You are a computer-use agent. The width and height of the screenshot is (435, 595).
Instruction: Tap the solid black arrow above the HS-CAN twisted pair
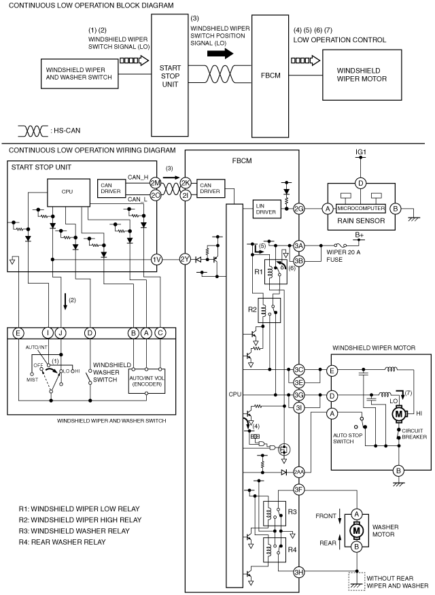pyautogui.click(x=220, y=54)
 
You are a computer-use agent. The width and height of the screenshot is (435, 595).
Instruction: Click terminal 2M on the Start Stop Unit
pyautogui.click(x=156, y=182)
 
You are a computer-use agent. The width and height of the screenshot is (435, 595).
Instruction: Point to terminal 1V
pyautogui.click(x=156, y=260)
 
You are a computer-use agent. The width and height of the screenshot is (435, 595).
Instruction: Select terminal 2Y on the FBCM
pyautogui.click(x=185, y=260)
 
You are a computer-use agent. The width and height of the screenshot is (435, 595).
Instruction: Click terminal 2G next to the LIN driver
pyautogui.click(x=299, y=208)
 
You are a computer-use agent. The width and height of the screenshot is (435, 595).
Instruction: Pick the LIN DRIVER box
pyautogui.click(x=267, y=209)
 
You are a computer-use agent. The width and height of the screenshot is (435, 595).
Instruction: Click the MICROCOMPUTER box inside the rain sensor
pyautogui.click(x=361, y=208)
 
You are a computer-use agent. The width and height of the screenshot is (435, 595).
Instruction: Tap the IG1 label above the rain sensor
pyautogui.click(x=361, y=152)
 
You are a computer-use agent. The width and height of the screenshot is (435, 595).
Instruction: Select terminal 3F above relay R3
pyautogui.click(x=299, y=490)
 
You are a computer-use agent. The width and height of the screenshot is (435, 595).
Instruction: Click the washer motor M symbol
pyautogui.click(x=356, y=530)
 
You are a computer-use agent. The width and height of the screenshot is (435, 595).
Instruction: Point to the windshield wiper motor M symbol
pyautogui.click(x=398, y=413)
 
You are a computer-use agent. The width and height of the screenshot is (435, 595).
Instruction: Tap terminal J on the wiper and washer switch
pyautogui.click(x=60, y=333)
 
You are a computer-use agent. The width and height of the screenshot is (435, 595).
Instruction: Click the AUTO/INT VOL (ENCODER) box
pyautogui.click(x=146, y=381)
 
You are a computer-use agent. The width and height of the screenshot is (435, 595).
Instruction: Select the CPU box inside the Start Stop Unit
pyautogui.click(x=68, y=192)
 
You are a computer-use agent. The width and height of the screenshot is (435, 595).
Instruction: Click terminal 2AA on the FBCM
pyautogui.click(x=299, y=472)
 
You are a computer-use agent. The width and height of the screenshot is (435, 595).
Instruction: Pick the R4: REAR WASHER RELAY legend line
pyautogui.click(x=63, y=542)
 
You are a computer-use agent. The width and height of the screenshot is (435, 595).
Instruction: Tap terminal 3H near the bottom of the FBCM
pyautogui.click(x=299, y=573)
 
